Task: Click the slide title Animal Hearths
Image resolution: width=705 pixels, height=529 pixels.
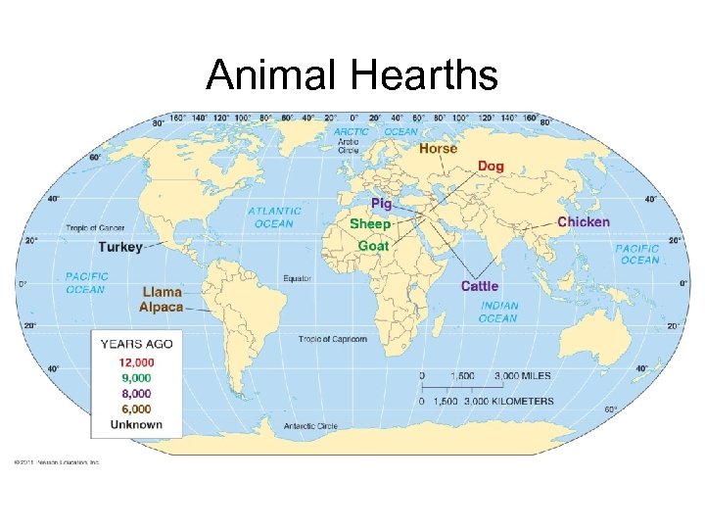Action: pyautogui.click(x=352, y=74)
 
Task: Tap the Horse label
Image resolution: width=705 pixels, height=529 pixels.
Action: pyautogui.click(x=438, y=149)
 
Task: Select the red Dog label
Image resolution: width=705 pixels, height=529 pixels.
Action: pyautogui.click(x=491, y=166)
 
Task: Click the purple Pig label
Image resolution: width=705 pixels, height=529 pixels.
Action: pyautogui.click(x=381, y=203)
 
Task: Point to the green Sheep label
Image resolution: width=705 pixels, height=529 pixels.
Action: pyautogui.click(x=370, y=224)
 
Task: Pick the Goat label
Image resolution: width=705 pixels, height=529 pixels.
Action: pyautogui.click(x=373, y=245)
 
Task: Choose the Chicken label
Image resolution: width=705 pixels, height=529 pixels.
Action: pyautogui.click(x=583, y=222)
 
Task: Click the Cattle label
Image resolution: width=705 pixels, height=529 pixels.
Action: pyautogui.click(x=480, y=286)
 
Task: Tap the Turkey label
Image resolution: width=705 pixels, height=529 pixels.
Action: pyautogui.click(x=120, y=247)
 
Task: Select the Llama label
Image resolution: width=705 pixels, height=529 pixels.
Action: pyautogui.click(x=161, y=291)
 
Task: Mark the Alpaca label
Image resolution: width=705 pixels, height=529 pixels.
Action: pyautogui.click(x=161, y=307)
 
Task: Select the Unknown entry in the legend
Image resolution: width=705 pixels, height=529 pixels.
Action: pyautogui.click(x=136, y=424)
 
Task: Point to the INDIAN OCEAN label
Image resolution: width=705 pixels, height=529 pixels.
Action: pyautogui.click(x=498, y=312)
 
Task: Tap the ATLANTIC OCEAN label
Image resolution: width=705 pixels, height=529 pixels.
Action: pyautogui.click(x=274, y=217)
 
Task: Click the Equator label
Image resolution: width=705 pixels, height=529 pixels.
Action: pyautogui.click(x=297, y=279)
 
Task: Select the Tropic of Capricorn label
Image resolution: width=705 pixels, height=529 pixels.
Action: pyautogui.click(x=333, y=339)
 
